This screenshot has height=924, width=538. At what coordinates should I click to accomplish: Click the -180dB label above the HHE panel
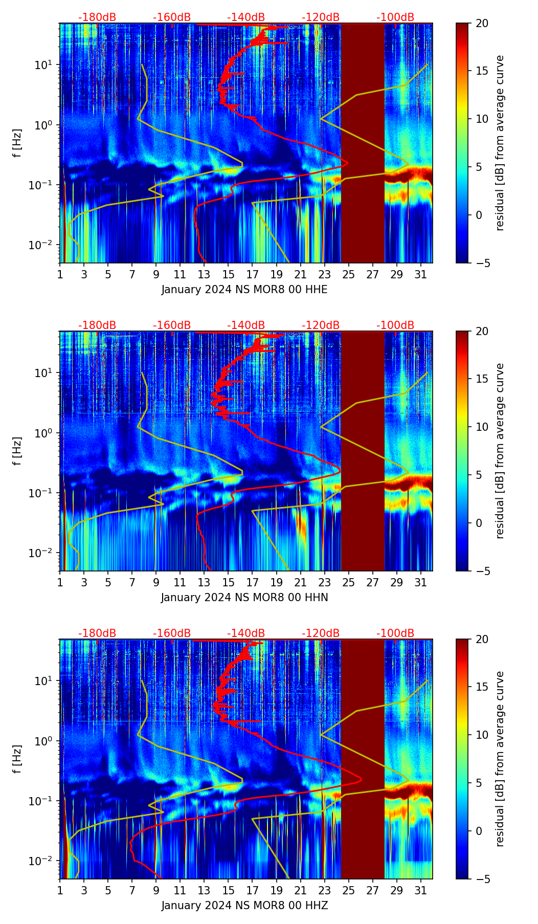pyautogui.click(x=97, y=17)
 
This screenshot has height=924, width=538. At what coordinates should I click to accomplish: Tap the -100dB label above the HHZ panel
pyautogui.click(x=395, y=633)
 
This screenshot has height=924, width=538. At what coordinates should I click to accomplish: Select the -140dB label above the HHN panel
pyautogui.click(x=246, y=325)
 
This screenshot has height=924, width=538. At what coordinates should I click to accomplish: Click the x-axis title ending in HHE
pyautogui.click(x=244, y=290)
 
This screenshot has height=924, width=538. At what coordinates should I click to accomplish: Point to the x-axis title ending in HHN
pyautogui.click(x=244, y=598)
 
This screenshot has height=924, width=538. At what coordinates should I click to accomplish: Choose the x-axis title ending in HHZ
pyautogui.click(x=244, y=906)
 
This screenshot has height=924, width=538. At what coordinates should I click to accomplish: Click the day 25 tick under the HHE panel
pyautogui.click(x=348, y=274)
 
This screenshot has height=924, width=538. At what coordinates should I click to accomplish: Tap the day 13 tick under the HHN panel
pyautogui.click(x=204, y=582)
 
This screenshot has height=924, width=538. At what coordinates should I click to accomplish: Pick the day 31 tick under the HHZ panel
pyautogui.click(x=421, y=890)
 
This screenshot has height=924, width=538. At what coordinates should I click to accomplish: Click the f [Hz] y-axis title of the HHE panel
pyautogui.click(x=17, y=143)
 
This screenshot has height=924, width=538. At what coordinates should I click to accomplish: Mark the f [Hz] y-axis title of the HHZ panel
pyautogui.click(x=17, y=759)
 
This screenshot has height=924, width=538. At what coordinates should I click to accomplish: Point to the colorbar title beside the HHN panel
pyautogui.click(x=500, y=451)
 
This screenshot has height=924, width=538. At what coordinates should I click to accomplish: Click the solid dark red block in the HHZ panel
pyautogui.click(x=363, y=759)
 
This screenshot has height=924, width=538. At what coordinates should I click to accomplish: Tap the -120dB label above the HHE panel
pyautogui.click(x=321, y=17)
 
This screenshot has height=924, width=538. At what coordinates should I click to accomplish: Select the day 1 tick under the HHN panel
pyautogui.click(x=60, y=582)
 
